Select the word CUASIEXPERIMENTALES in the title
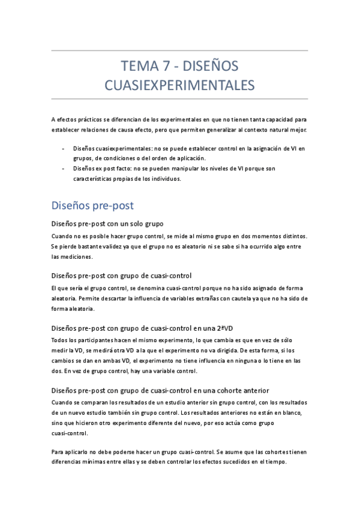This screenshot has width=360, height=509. point(180,85)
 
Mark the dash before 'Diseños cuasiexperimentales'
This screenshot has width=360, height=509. point(64,148)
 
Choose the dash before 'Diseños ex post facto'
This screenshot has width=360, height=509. point(64,169)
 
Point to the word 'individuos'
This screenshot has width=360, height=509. point(162,179)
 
